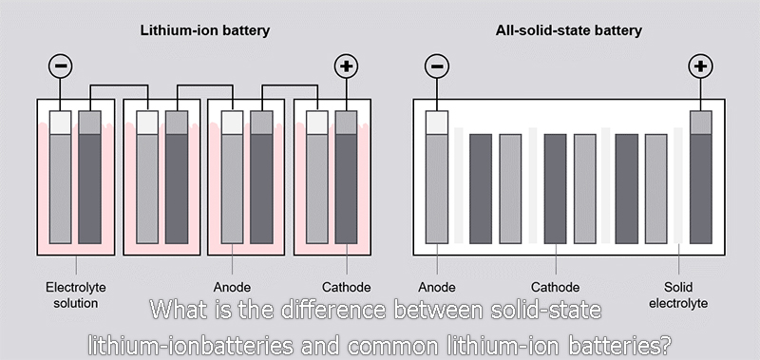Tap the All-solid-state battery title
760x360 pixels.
(568, 30)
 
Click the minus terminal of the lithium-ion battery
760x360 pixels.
(60, 66)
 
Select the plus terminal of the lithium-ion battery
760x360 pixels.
(346, 66)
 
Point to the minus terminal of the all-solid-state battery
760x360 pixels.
(437, 66)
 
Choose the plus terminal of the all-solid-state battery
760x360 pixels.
(700, 66)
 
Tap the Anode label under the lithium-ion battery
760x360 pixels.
(233, 287)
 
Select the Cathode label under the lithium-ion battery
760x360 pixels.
(346, 287)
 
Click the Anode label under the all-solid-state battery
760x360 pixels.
(437, 287)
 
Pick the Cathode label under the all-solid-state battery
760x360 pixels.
(555, 287)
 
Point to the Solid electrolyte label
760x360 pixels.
(676, 294)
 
